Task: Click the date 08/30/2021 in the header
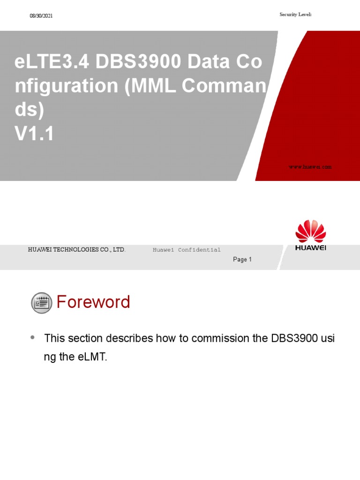click(41, 16)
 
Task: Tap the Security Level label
click(295, 15)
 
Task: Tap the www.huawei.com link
click(310, 167)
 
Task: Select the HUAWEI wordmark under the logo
click(310, 248)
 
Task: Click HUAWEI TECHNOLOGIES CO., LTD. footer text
click(77, 250)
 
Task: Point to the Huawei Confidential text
click(187, 250)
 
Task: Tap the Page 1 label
click(242, 260)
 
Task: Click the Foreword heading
click(93, 302)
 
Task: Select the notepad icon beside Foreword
click(42, 302)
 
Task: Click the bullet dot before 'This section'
click(32, 337)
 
